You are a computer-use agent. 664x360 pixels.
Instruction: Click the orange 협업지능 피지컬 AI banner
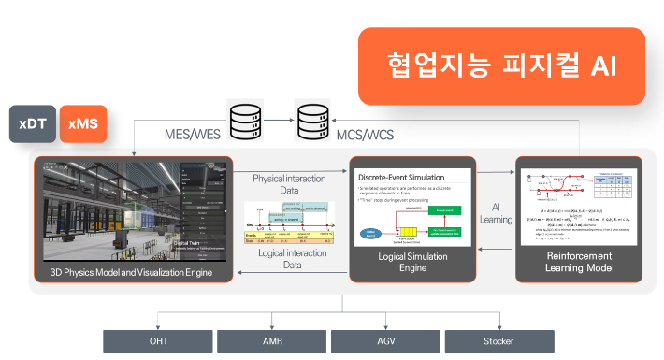pos(501,65)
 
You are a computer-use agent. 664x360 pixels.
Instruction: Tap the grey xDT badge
pos(33,123)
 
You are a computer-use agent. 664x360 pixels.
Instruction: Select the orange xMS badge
pos(82,123)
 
